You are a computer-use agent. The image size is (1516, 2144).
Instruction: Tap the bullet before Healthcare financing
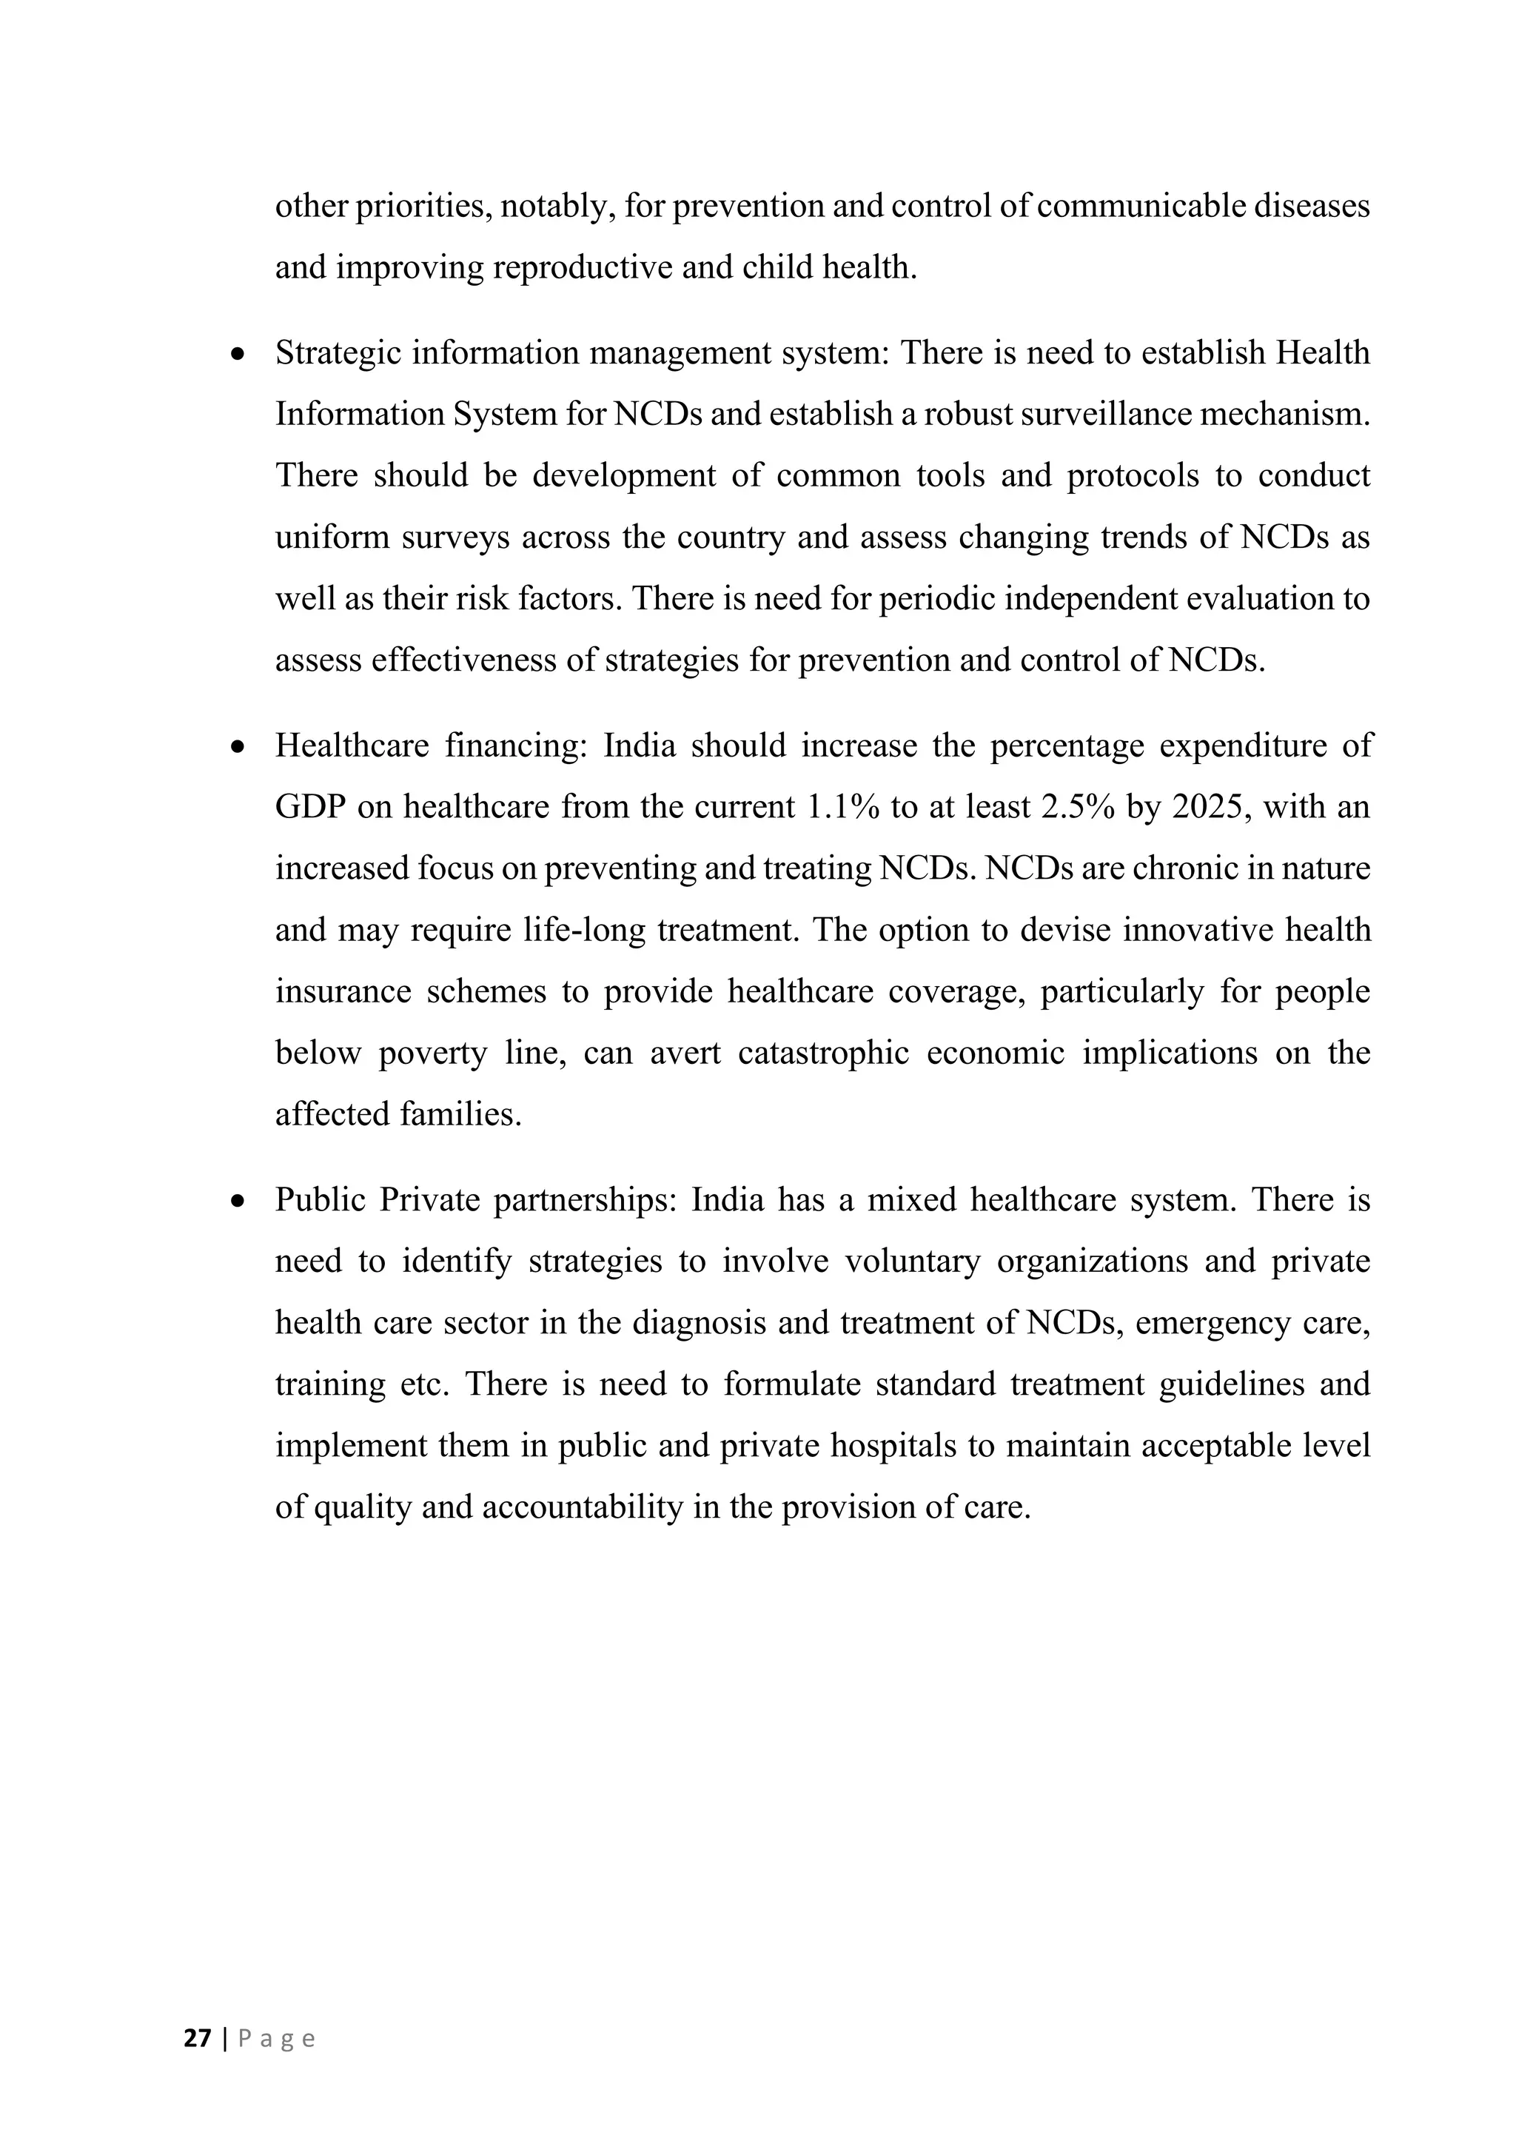coord(240,747)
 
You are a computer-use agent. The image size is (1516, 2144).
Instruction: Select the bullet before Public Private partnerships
coord(240,1201)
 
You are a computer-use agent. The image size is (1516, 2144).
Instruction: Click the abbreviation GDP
coord(310,807)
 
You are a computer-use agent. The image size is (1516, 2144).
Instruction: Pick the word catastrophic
coord(823,1053)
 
